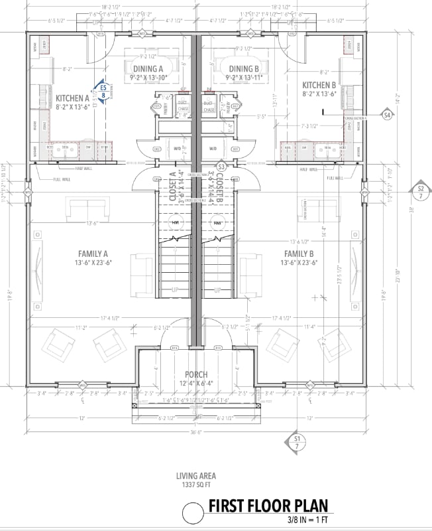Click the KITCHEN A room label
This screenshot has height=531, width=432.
73,96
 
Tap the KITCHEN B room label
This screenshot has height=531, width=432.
320,85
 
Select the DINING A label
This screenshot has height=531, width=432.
148,69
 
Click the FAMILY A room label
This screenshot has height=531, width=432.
94,253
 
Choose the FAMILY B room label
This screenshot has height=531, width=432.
299,253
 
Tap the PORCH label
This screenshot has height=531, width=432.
197,374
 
